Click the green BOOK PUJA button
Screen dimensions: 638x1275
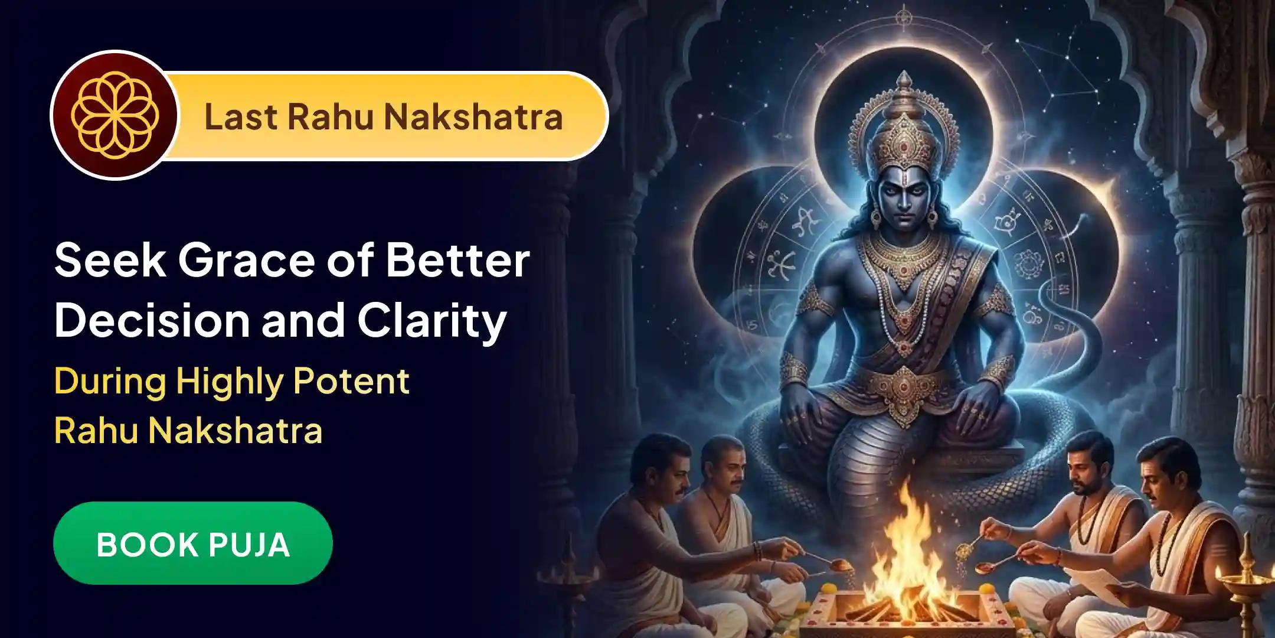point(192,543)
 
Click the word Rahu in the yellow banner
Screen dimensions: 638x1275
point(331,116)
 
